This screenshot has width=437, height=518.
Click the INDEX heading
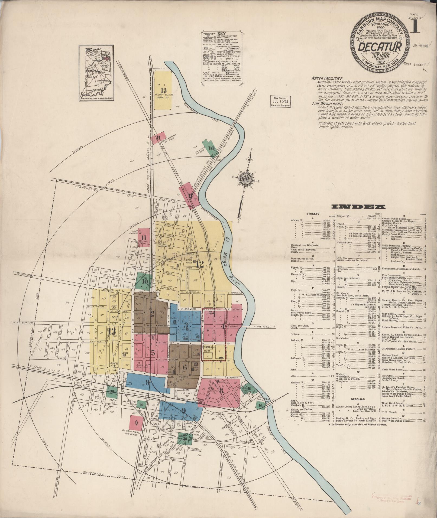(358, 207)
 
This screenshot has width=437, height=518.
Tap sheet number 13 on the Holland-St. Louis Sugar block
(163, 90)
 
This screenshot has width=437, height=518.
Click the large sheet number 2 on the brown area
(152, 314)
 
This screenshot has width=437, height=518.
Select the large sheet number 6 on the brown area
(185, 367)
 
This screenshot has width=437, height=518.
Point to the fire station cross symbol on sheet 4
(208, 331)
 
